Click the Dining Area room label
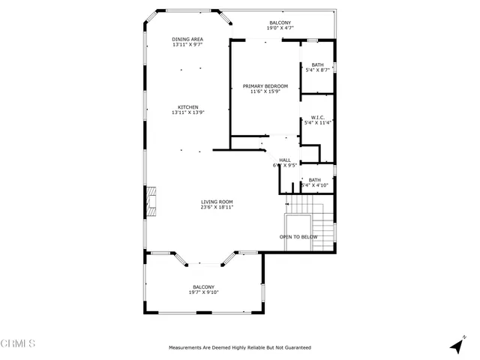pos(187,39)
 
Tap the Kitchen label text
pos(187,106)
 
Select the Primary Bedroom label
pos(265,86)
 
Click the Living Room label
pos(217,202)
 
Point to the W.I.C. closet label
pos(316,117)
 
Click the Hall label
pos(285,160)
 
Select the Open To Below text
pos(298,237)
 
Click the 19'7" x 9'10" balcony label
pos(203,292)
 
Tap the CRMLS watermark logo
pos(18,344)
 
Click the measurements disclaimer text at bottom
pos(240,348)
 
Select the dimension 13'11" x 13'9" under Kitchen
pos(187,112)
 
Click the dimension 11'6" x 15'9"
pos(265,92)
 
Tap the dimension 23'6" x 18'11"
pos(217,208)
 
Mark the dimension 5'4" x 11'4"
pos(316,122)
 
